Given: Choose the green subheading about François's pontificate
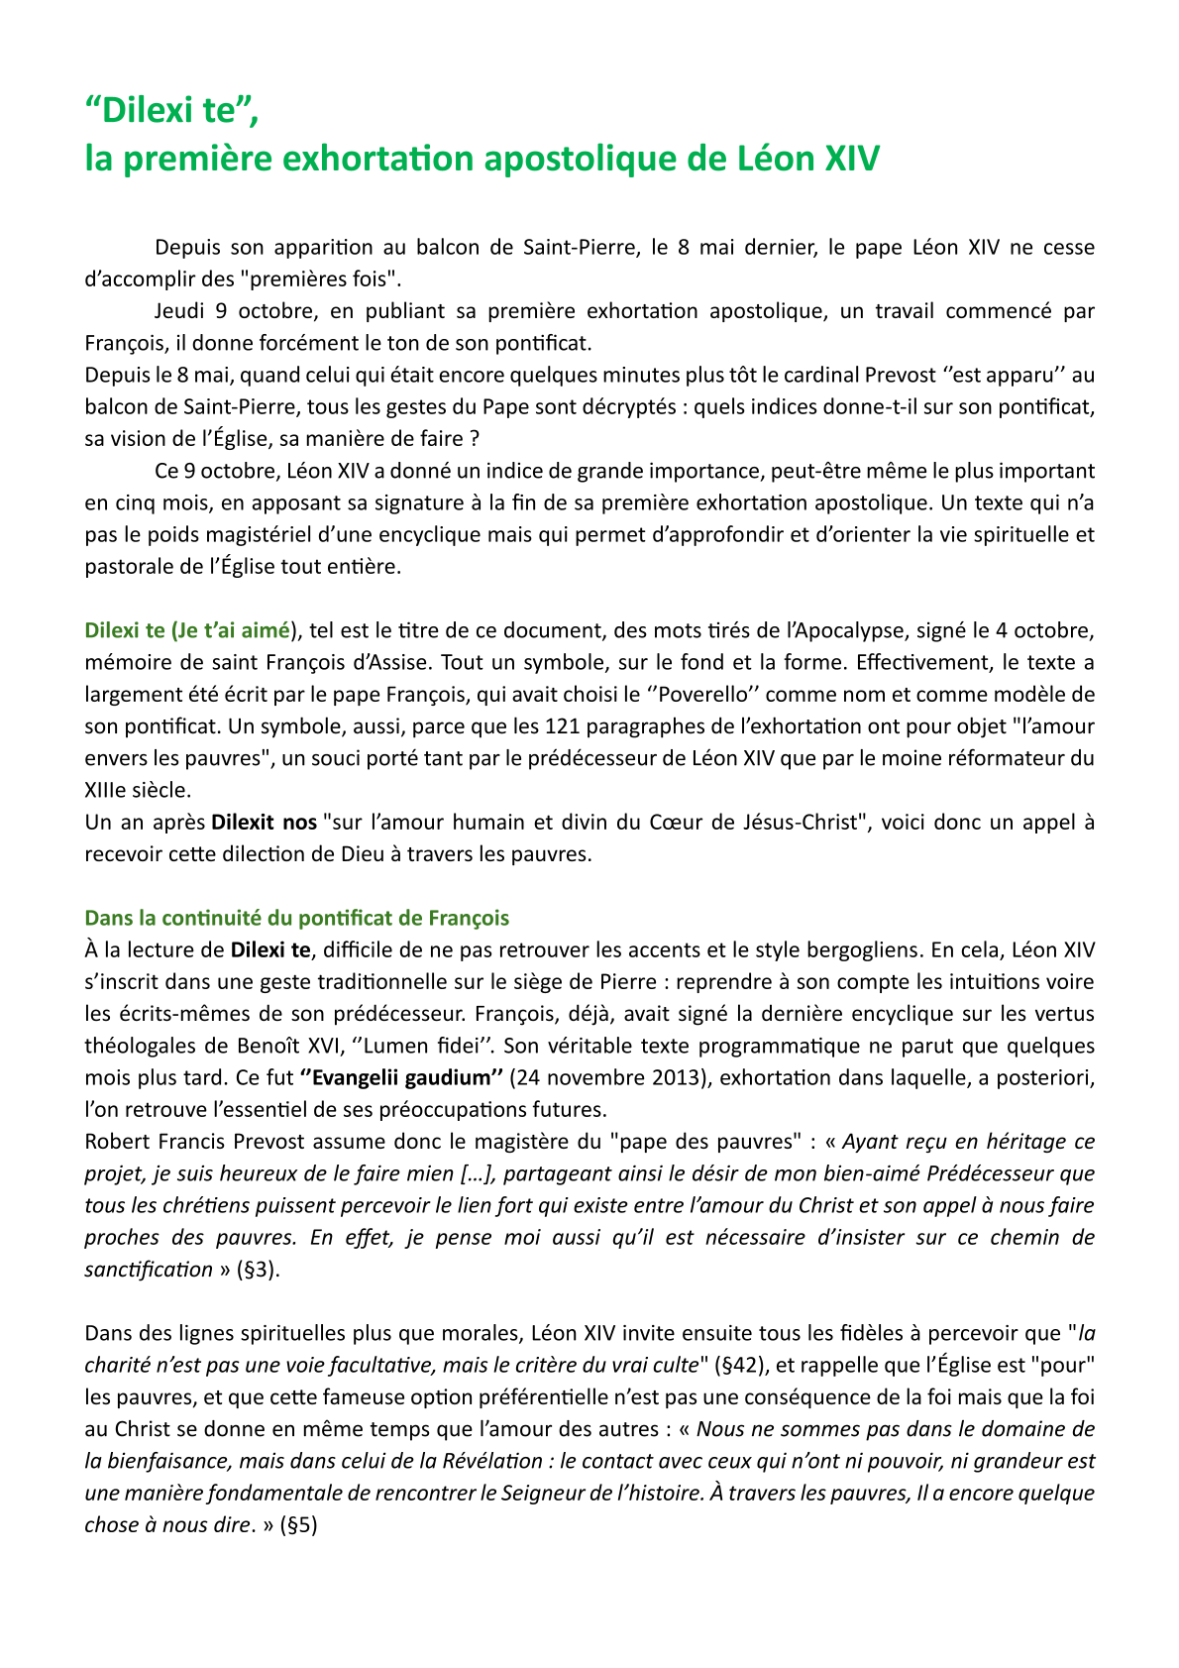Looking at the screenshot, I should [x=297, y=918].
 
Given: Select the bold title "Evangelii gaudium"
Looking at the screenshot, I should [x=402, y=1077].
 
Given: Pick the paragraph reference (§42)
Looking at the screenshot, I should [x=739, y=1365].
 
